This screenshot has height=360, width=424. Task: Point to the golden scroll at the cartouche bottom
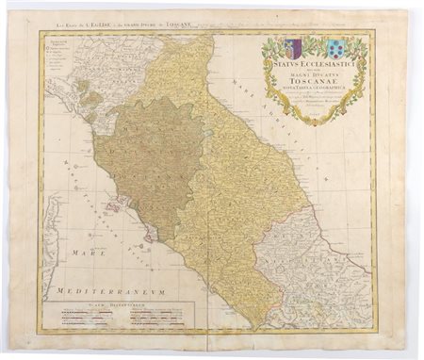point(311,119)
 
